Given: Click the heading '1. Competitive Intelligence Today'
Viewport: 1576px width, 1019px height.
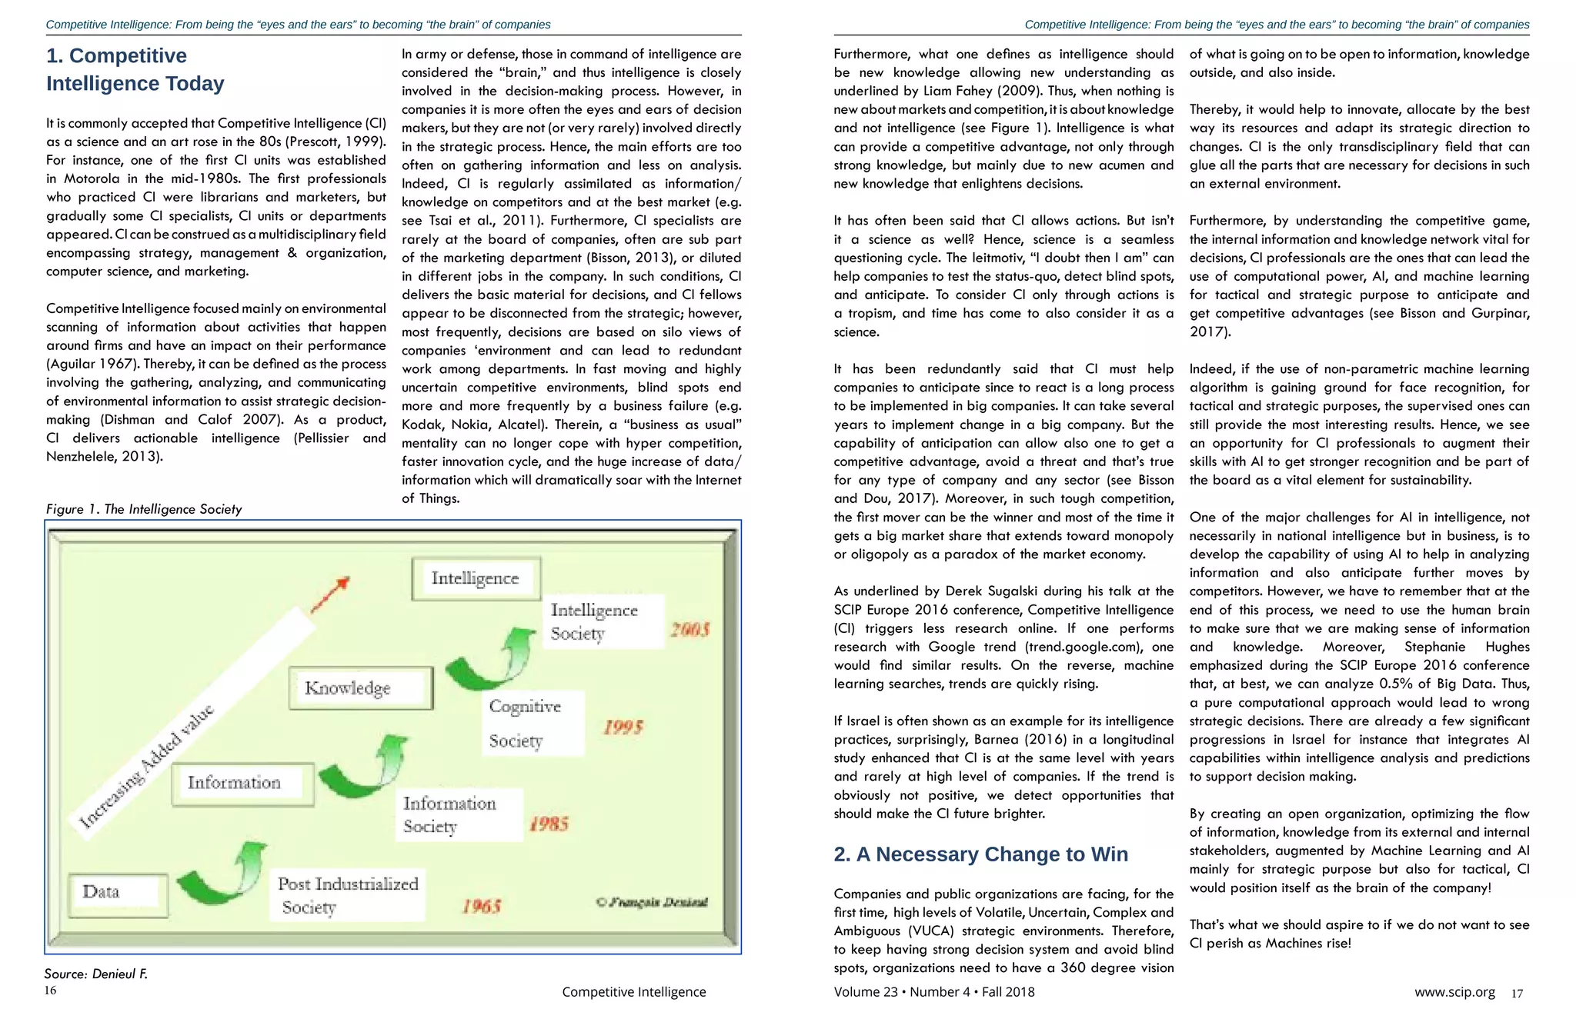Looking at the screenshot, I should tap(135, 69).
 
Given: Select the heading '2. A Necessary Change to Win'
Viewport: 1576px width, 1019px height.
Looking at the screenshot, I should tap(980, 854).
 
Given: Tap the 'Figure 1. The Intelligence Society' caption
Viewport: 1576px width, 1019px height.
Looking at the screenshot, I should tap(144, 509).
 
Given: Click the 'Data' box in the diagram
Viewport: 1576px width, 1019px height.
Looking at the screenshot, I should tap(118, 894).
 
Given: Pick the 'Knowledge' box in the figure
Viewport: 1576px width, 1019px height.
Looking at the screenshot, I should tap(360, 688).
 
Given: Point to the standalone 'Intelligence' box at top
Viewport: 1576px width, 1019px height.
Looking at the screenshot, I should tap(476, 578).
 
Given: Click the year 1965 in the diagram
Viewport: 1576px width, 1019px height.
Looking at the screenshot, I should tap(482, 906).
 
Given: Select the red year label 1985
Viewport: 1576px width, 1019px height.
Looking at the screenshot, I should tap(549, 824).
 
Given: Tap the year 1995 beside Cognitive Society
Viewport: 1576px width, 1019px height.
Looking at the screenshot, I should tap(623, 728).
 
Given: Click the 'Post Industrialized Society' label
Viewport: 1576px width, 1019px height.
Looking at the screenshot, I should tap(348, 895).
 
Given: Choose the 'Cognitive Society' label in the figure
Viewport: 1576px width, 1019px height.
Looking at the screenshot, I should tap(526, 723).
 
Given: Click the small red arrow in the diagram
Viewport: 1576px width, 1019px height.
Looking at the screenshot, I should tap(331, 594).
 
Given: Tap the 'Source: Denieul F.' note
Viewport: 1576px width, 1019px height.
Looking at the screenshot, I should tap(95, 974).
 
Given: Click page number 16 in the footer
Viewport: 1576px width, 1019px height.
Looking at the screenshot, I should tap(50, 991).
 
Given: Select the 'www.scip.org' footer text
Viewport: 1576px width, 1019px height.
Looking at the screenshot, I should tap(1454, 992).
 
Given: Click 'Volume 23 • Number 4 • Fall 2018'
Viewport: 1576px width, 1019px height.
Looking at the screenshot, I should tap(933, 992).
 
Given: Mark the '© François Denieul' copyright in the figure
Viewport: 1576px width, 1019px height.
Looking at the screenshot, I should tap(652, 902).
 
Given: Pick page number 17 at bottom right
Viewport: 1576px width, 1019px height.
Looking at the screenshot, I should tap(1517, 994).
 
